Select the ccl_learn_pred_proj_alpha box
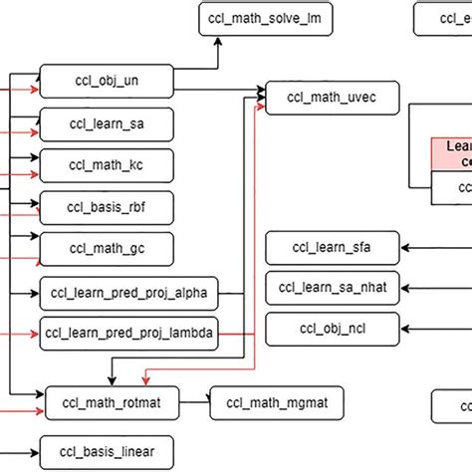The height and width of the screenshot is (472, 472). coord(128,294)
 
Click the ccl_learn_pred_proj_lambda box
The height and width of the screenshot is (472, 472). coord(128,333)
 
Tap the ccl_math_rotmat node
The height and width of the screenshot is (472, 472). coord(118,403)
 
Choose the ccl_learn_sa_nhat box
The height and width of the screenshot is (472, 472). coord(333,287)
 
